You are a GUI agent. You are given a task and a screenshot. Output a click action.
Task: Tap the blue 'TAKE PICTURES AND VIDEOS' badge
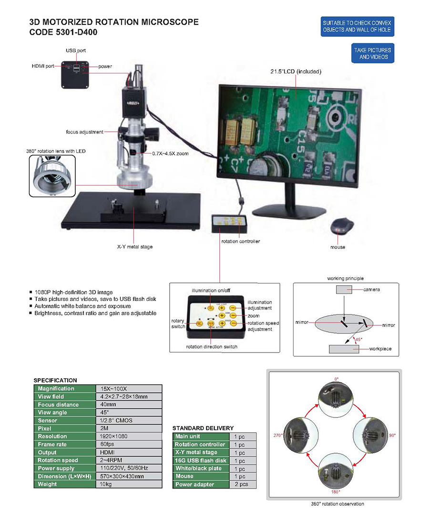coord(372,53)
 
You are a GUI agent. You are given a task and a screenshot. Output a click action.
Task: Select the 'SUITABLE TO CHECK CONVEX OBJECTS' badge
coord(357,26)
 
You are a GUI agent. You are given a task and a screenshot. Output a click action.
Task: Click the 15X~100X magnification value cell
coord(128,388)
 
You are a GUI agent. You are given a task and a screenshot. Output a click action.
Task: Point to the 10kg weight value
coord(128,484)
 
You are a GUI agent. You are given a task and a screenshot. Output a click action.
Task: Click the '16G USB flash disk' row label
coord(200,460)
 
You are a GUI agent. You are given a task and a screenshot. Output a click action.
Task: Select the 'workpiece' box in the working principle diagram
coord(343,349)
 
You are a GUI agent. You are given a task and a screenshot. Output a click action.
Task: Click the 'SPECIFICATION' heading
coord(55,380)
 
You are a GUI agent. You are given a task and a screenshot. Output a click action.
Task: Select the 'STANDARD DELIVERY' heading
coord(203,428)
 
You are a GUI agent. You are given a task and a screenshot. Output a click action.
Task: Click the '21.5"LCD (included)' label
coord(296,72)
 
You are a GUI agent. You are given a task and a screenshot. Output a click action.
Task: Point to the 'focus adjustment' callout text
coord(84,132)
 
